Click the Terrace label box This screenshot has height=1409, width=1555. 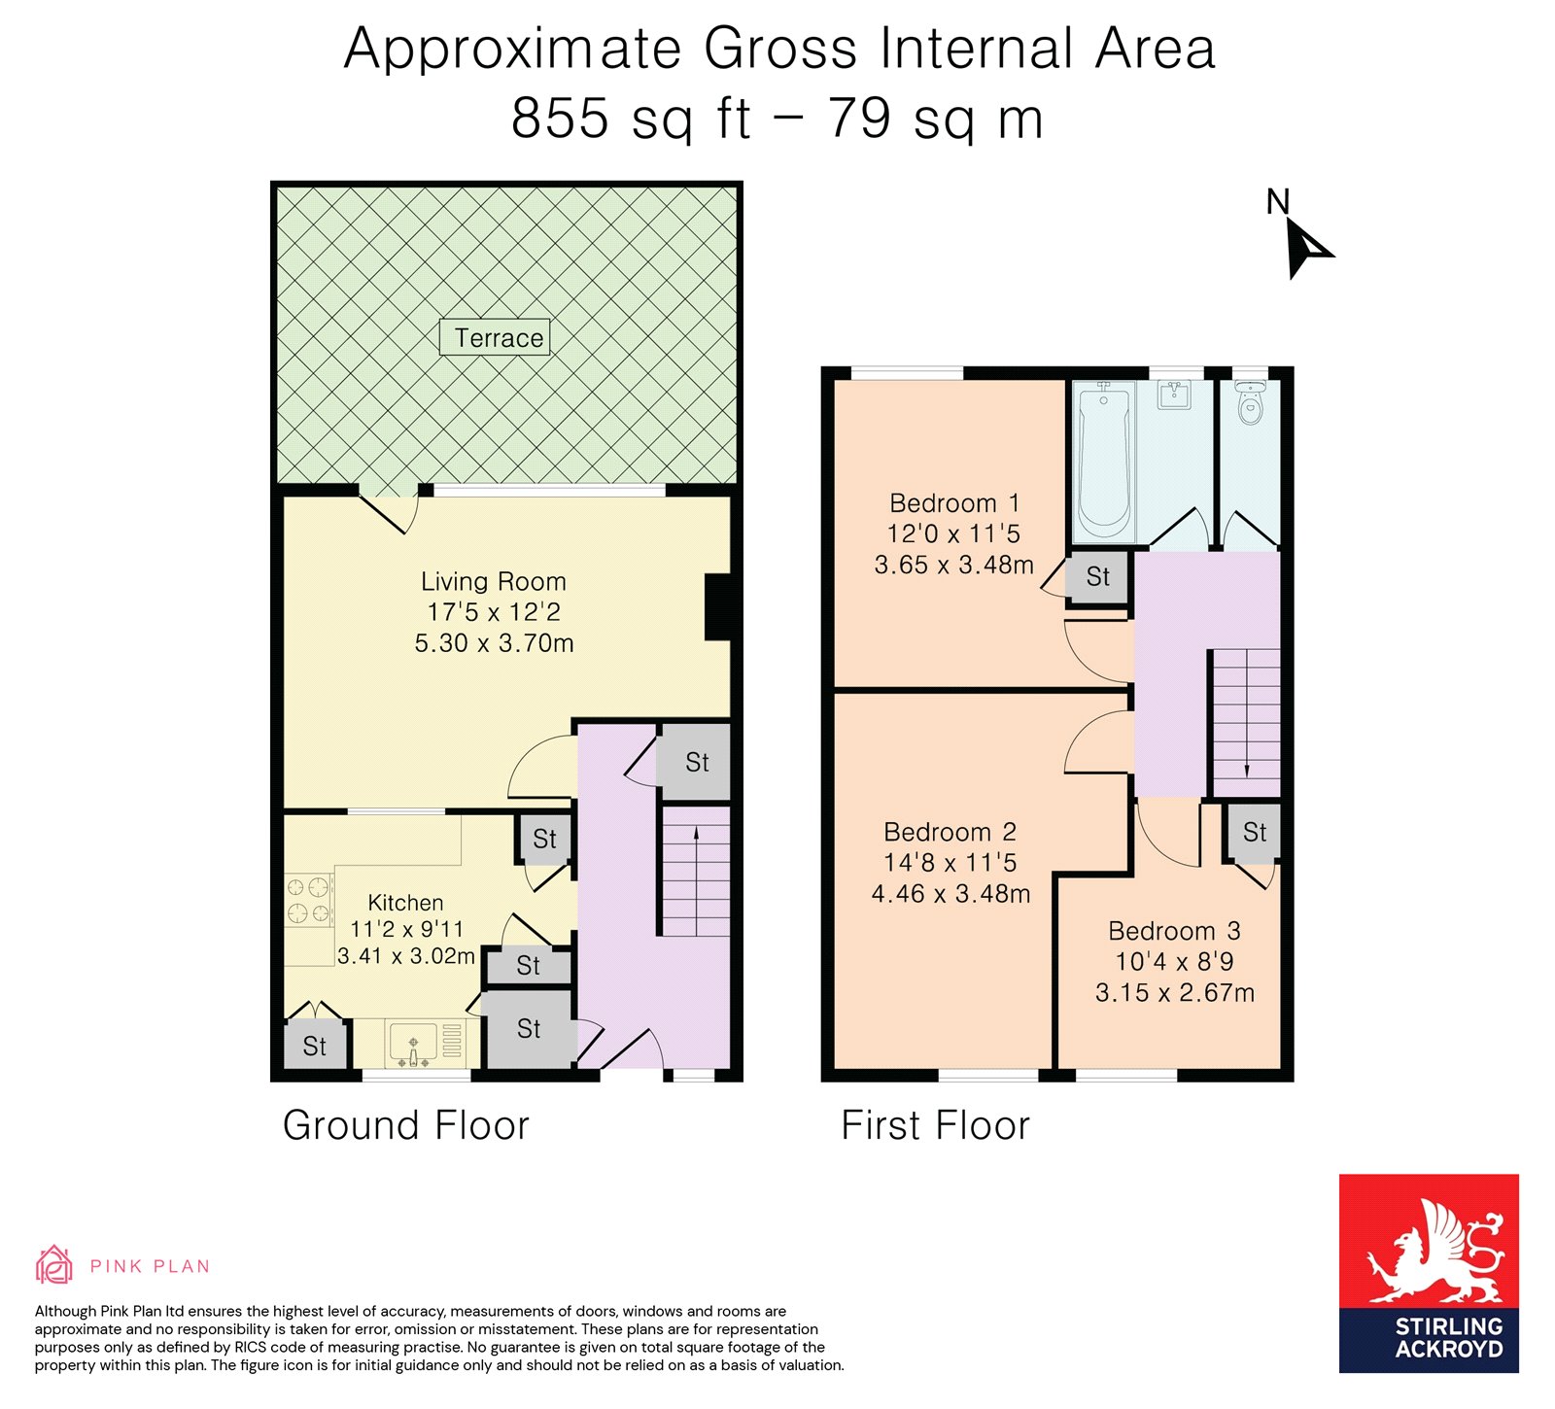pyautogui.click(x=495, y=337)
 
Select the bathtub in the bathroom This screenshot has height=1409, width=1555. pyautogui.click(x=1104, y=461)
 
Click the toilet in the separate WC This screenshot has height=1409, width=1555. pyautogui.click(x=1250, y=402)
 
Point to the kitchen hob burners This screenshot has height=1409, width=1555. pyautogui.click(x=308, y=899)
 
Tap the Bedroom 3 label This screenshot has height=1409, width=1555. pyautogui.click(x=1174, y=931)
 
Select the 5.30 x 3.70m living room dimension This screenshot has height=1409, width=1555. pyautogui.click(x=494, y=643)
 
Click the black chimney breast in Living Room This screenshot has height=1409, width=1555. pyautogui.click(x=718, y=607)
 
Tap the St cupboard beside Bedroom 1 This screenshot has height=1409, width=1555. pyautogui.click(x=1097, y=577)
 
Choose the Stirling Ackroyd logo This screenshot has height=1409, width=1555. pyautogui.click(x=1428, y=1273)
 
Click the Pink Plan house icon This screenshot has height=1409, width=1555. pyautogui.click(x=54, y=1265)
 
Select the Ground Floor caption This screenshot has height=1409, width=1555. pyautogui.click(x=405, y=1125)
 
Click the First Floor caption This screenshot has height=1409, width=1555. pyautogui.click(x=935, y=1125)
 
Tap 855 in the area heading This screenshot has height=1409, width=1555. pyautogui.click(x=561, y=119)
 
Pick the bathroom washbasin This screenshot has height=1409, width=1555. pyautogui.click(x=1174, y=394)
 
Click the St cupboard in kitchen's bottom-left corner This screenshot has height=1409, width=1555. pyautogui.click(x=315, y=1046)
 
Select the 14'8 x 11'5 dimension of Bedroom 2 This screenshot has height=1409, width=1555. pyautogui.click(x=950, y=862)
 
